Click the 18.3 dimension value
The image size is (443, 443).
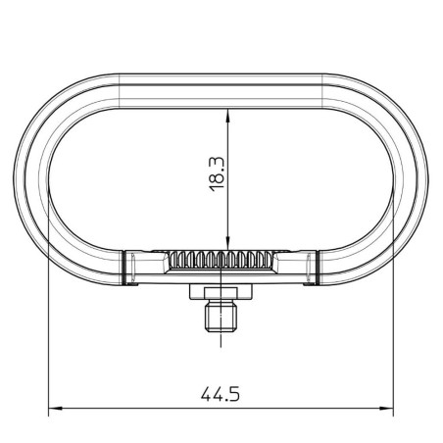tap(217, 174)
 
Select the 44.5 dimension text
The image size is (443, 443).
tap(221, 394)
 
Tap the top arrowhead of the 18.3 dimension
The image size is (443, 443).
tap(227, 115)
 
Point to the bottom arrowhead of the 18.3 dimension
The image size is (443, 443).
tap(227, 244)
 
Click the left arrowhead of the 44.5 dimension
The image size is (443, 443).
tap(55, 408)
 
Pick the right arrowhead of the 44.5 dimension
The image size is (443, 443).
tap(386, 408)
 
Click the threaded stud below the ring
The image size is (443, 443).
tap(221, 317)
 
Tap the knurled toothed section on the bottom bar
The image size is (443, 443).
tap(221, 260)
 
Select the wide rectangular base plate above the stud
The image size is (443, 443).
tap(221, 292)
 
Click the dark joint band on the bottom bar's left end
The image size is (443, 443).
tap(123, 268)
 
